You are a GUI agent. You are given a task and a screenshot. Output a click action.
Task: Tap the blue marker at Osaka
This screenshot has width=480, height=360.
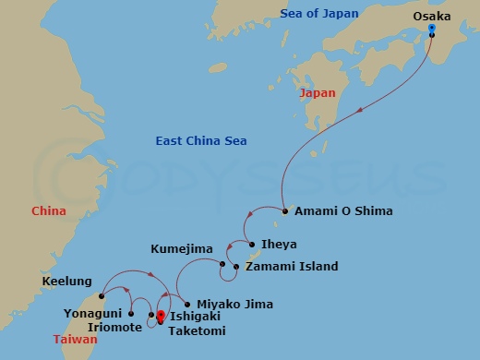click(431, 29)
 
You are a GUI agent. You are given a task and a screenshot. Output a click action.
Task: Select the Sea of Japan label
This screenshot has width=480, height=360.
click(319, 12)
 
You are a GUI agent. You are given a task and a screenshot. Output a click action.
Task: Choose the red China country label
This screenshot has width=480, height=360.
click(49, 211)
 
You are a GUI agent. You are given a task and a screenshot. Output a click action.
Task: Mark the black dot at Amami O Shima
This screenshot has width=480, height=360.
click(285, 211)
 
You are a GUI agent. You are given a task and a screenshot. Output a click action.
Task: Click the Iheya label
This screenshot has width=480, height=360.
click(280, 246)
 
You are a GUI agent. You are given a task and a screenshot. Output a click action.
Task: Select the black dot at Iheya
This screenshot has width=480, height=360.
click(251, 246)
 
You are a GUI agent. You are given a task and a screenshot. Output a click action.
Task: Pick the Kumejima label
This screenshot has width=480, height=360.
click(182, 249)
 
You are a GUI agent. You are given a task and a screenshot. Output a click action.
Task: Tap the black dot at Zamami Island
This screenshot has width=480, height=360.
click(237, 268)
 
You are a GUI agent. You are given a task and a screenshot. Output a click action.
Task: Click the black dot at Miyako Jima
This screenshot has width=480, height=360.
click(188, 304)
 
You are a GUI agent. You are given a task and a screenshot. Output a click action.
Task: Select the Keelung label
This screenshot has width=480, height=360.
click(66, 282)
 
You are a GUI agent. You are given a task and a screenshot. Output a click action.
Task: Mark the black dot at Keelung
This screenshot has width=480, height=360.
click(101, 296)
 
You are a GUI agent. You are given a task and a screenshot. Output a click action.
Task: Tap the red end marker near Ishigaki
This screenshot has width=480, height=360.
click(161, 317)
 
